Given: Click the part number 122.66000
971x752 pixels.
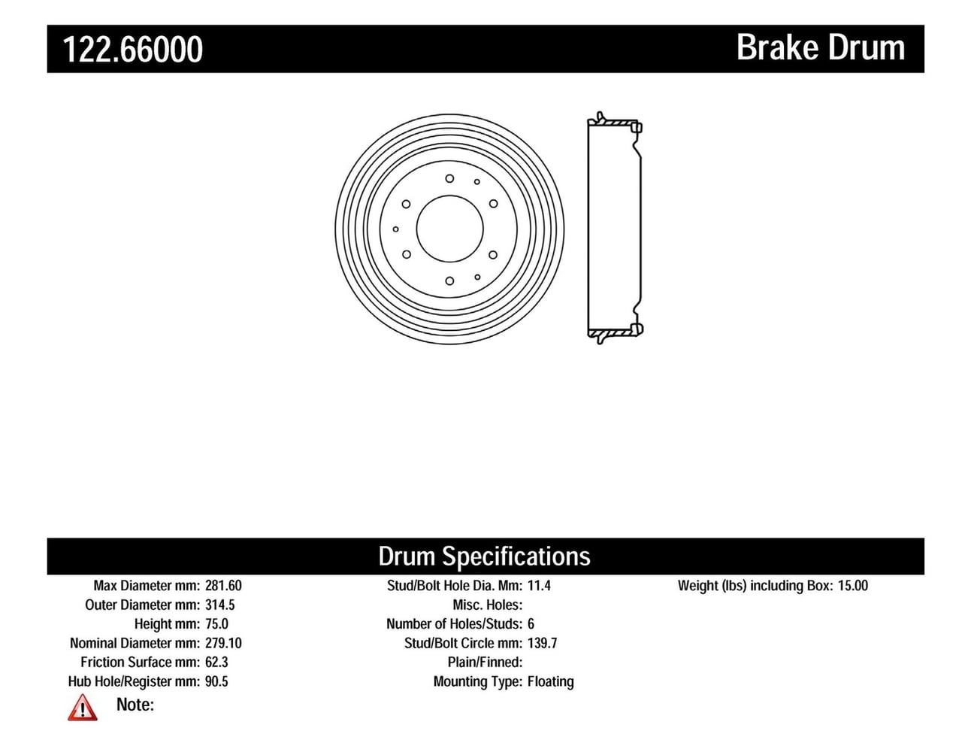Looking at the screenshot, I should click(x=132, y=50).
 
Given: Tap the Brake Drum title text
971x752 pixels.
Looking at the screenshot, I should click(x=820, y=47).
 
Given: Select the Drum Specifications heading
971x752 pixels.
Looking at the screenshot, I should click(x=484, y=556).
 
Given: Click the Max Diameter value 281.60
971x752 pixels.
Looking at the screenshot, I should click(x=223, y=586).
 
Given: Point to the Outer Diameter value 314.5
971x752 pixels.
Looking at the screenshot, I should click(x=219, y=605).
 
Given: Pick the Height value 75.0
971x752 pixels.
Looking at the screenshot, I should click(x=216, y=624).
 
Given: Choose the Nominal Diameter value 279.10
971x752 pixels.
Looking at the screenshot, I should click(x=223, y=643).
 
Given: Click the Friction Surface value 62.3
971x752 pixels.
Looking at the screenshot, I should click(x=216, y=663).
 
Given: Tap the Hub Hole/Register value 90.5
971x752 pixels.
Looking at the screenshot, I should click(x=216, y=681).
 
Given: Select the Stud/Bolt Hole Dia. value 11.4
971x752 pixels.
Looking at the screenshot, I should click(x=539, y=586).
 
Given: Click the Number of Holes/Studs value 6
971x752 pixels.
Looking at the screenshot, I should click(x=531, y=624).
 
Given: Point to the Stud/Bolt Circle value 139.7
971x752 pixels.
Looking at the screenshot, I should click(x=542, y=643).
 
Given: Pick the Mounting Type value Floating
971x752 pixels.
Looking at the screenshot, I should click(x=550, y=681).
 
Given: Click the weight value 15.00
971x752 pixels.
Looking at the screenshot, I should click(x=852, y=586).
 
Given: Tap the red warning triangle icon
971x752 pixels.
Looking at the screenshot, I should click(x=82, y=708).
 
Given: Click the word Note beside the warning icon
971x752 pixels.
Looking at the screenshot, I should click(x=135, y=705).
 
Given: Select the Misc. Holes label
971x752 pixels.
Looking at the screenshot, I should click(x=487, y=605).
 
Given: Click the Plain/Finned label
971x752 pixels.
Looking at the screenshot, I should click(x=485, y=663).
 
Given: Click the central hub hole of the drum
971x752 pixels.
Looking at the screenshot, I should click(x=449, y=229).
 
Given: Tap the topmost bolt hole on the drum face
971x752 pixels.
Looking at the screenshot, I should click(x=449, y=178).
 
